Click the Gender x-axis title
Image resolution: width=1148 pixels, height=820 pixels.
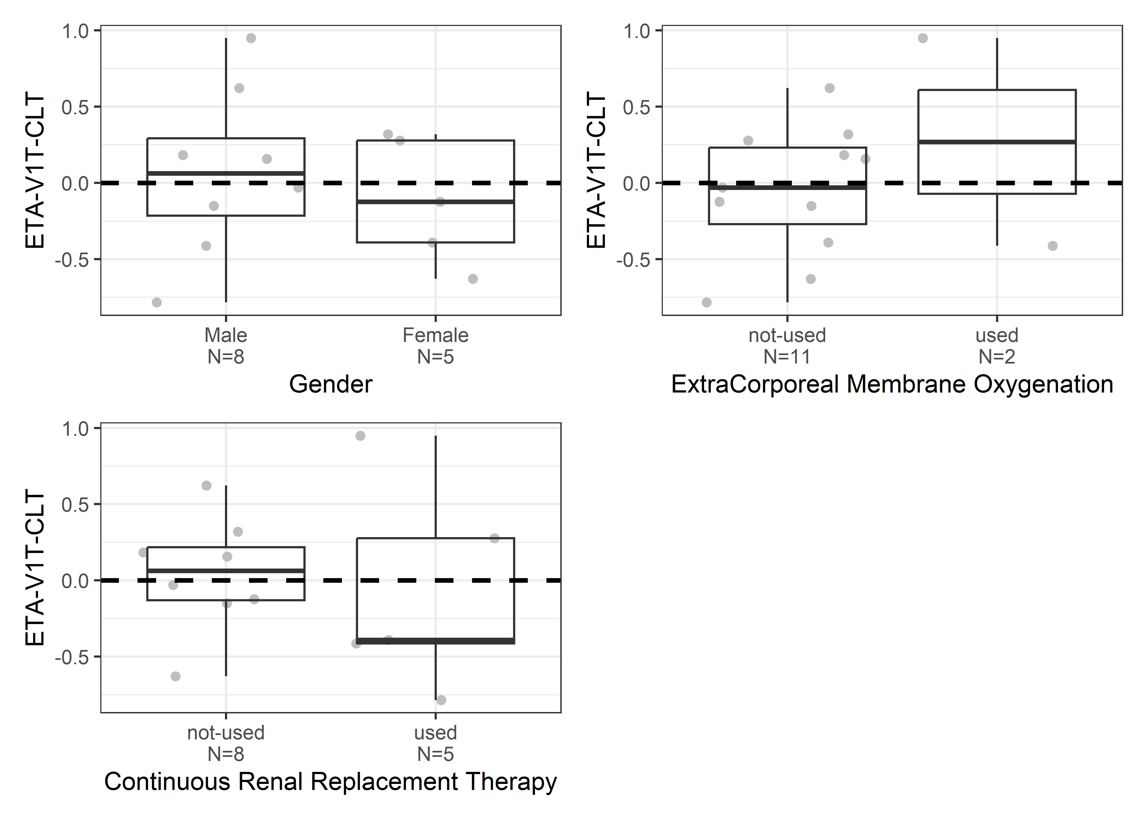click(x=331, y=384)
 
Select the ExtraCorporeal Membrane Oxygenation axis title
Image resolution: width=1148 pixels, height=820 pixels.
click(x=892, y=384)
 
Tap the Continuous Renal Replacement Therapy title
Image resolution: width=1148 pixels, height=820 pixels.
click(x=331, y=782)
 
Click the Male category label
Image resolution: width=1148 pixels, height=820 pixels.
click(x=226, y=335)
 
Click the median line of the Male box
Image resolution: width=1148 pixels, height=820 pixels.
click(x=226, y=173)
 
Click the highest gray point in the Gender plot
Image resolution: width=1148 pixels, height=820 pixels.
click(x=251, y=38)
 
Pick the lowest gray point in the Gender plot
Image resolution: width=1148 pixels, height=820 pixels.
click(x=157, y=303)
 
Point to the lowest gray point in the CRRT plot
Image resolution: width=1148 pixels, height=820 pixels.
click(x=441, y=700)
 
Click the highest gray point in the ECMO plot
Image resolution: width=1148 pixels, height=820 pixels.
click(x=923, y=38)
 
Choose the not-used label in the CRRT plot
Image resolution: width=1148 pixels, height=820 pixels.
click(x=226, y=733)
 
